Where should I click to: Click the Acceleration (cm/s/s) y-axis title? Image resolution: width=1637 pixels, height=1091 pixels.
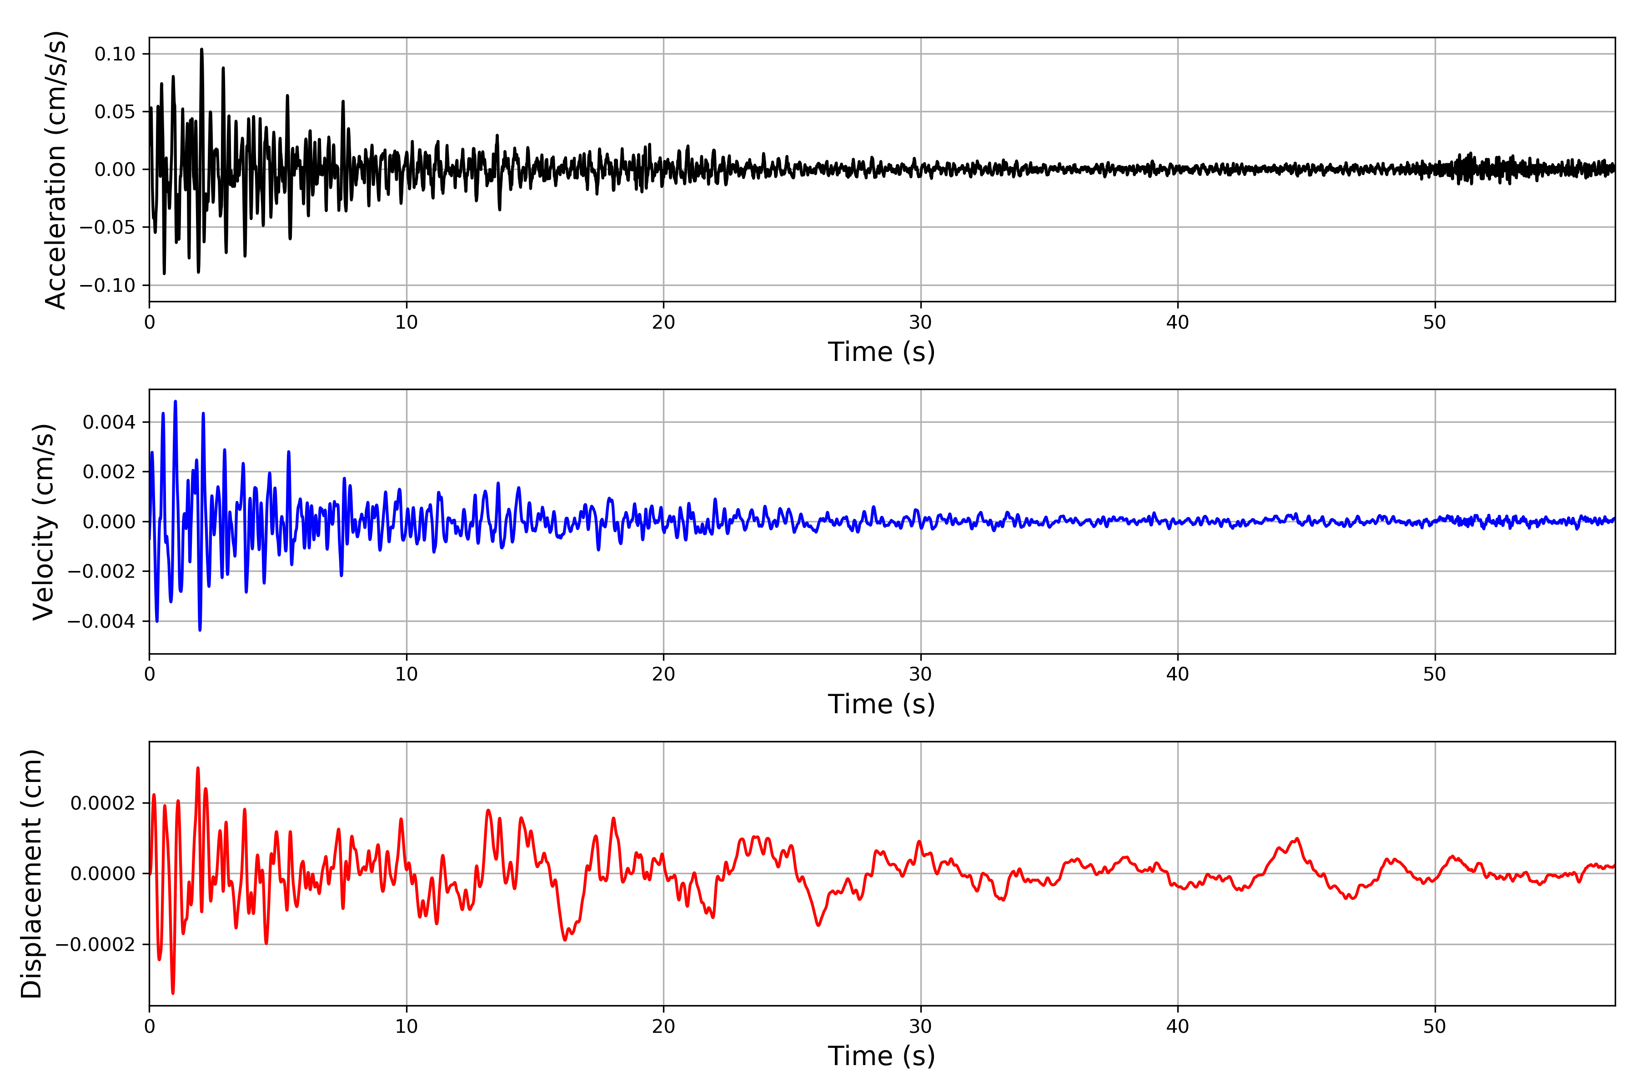tap(55, 169)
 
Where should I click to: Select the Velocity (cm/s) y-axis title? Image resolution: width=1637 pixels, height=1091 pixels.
tap(44, 522)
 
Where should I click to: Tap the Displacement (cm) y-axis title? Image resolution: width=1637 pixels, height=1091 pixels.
tap(32, 874)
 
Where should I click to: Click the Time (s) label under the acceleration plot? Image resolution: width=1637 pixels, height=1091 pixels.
tap(881, 352)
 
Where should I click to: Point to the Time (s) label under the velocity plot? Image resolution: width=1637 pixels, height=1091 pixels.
tap(881, 704)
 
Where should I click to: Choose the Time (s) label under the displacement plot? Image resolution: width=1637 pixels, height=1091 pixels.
tap(881, 1056)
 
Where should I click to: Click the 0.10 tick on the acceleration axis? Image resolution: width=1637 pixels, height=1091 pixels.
tap(115, 54)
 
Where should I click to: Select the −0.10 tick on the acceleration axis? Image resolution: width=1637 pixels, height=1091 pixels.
tap(107, 285)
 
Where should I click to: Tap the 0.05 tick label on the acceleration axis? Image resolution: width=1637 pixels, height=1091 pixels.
tap(115, 112)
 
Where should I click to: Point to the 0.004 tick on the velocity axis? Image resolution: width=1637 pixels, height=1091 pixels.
tap(109, 422)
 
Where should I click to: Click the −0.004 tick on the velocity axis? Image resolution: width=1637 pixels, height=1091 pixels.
tap(101, 621)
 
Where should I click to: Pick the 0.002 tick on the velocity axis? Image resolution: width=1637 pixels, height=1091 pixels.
tap(109, 472)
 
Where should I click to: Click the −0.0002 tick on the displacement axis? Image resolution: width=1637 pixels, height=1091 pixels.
tap(95, 945)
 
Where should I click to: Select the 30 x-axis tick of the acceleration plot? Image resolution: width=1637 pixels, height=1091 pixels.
tap(920, 323)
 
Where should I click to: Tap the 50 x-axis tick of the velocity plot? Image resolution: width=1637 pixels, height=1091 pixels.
tap(1435, 674)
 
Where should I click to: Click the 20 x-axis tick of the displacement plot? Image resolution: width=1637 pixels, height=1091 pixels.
tap(663, 1026)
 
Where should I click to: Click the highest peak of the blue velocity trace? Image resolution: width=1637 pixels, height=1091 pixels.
tap(176, 401)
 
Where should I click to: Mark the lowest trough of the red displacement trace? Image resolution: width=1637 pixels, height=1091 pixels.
tap(173, 993)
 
